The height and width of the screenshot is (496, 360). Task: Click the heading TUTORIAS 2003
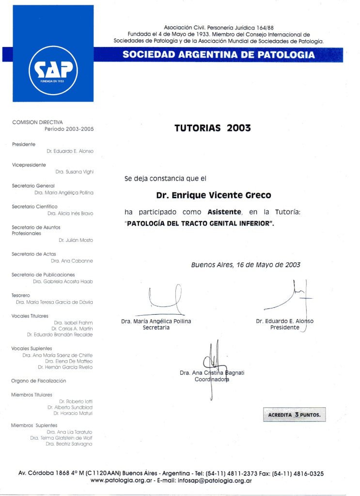212,128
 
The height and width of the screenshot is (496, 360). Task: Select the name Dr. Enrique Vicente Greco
213,195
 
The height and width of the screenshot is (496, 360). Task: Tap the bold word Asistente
224,212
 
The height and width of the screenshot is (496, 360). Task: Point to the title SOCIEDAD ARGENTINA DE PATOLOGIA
219,55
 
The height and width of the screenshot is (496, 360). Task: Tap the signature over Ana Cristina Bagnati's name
213,361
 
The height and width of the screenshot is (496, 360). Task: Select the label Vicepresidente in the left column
29,165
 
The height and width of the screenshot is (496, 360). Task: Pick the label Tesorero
21,295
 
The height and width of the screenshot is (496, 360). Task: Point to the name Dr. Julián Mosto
76,240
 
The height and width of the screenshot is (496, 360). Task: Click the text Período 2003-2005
69,129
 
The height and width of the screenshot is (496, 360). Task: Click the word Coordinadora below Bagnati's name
212,380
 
